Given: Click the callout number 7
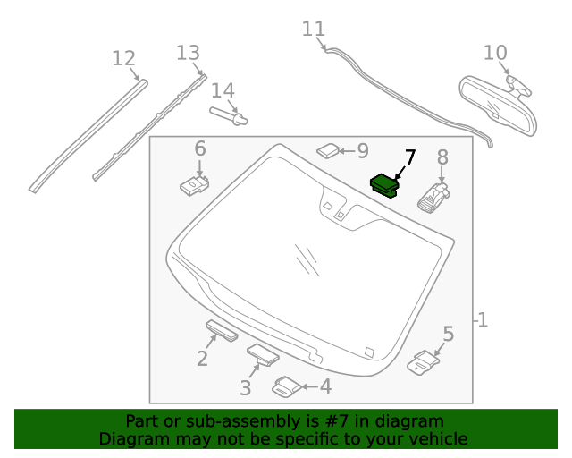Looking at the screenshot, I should tap(409, 157).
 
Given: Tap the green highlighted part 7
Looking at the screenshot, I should tap(386, 184).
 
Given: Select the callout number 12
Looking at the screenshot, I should tap(123, 59).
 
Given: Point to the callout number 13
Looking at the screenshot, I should tap(188, 53).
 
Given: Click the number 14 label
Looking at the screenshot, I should tap(223, 90).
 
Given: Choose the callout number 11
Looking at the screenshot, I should tap(313, 30).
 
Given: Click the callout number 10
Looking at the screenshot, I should tap(494, 53).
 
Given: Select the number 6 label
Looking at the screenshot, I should tap(199, 148).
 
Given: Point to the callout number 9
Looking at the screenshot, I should tap(362, 151).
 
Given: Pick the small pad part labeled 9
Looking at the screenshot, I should tap(328, 149).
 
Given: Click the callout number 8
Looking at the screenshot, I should tap(442, 158).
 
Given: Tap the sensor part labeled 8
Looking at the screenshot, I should tap(433, 196).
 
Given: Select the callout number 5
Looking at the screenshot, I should tap(448, 335).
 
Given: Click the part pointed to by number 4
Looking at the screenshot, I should tap(287, 386).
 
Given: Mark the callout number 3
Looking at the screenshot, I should tap(245, 387).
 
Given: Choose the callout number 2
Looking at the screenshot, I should tap(203, 359).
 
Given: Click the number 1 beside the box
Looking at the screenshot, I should tap(483, 319).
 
